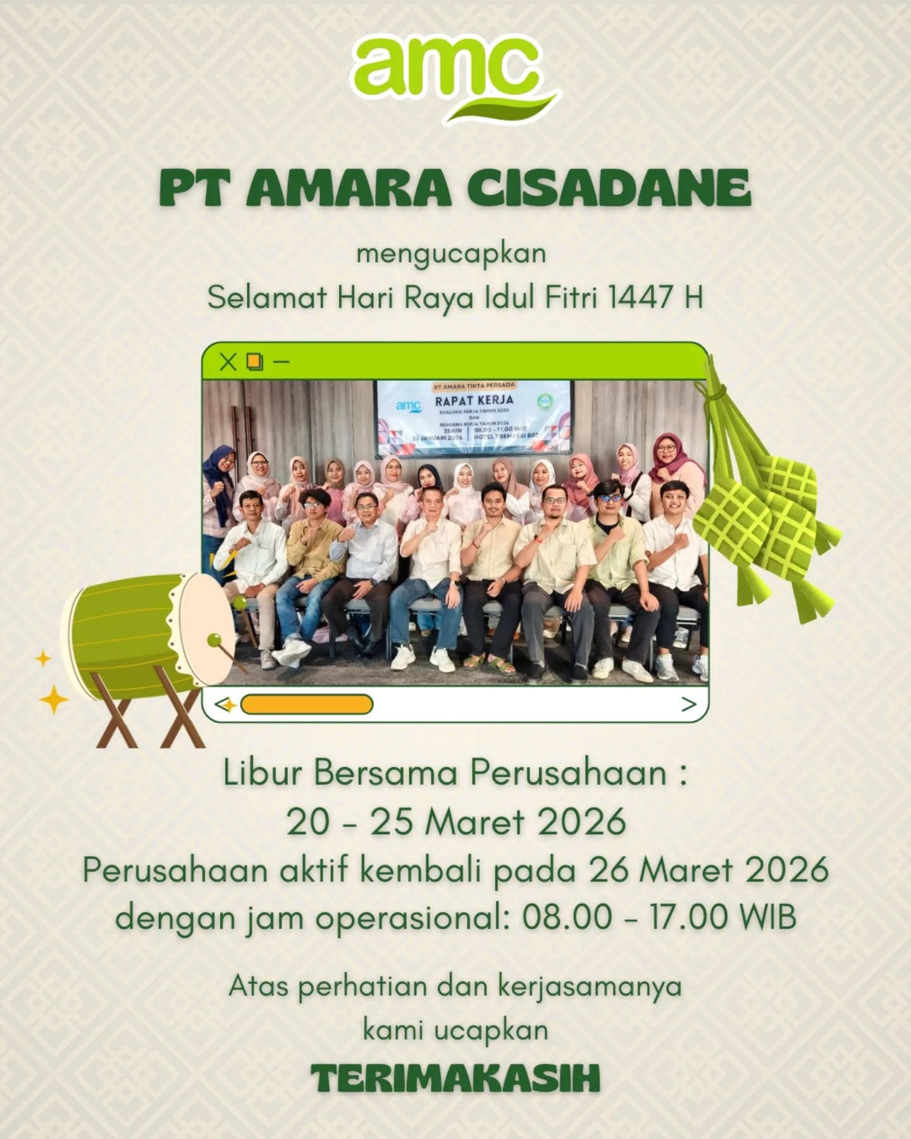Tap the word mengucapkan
451,254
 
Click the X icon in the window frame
228,362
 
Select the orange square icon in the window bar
255,362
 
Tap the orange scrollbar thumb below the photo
307,704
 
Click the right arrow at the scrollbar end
688,704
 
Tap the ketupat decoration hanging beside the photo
765,506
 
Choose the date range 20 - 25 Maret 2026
456,822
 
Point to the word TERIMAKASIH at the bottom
455,1079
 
